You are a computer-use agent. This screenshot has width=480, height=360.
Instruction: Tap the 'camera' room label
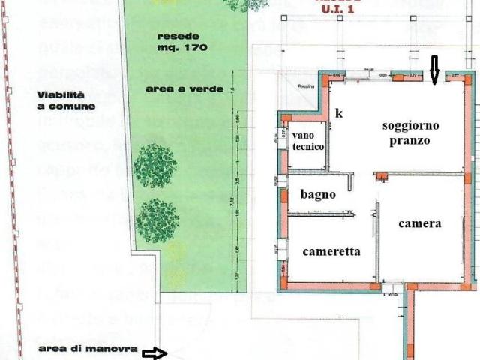coord(419,223)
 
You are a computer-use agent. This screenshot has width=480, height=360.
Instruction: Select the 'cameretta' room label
coord(331,252)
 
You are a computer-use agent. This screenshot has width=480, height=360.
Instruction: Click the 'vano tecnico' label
coord(308,141)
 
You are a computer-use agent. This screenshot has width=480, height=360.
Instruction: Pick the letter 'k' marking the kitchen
coord(339,114)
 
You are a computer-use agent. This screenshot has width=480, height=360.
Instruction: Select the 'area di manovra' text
coord(88,349)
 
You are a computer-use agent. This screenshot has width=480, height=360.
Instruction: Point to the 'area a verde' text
coord(184,88)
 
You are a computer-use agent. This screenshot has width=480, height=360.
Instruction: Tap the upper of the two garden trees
coord(155,166)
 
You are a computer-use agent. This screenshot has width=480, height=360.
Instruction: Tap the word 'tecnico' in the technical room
coord(308,148)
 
